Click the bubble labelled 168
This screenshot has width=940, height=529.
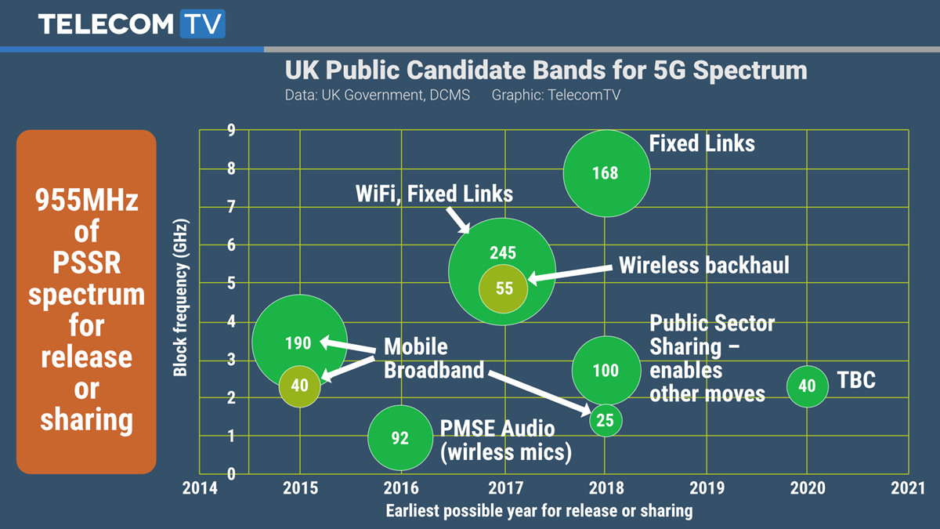click(606, 172)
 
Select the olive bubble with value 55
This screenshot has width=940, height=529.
click(504, 288)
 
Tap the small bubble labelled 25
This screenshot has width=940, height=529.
click(606, 420)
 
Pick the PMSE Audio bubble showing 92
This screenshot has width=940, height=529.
click(400, 437)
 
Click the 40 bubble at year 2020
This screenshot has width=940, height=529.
click(807, 386)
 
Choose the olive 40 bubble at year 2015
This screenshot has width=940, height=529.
click(299, 385)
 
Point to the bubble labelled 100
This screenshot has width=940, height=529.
click(606, 370)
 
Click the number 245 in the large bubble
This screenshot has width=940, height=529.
click(503, 252)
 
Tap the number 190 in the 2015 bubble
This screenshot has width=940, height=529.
click(298, 342)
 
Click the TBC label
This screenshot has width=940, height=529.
click(856, 381)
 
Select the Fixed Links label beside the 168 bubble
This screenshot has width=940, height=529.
click(702, 143)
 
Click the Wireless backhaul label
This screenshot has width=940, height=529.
click(703, 265)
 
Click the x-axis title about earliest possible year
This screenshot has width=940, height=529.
click(539, 511)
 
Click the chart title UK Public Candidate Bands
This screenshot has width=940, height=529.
click(545, 71)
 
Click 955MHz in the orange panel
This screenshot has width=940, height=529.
click(86, 201)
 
